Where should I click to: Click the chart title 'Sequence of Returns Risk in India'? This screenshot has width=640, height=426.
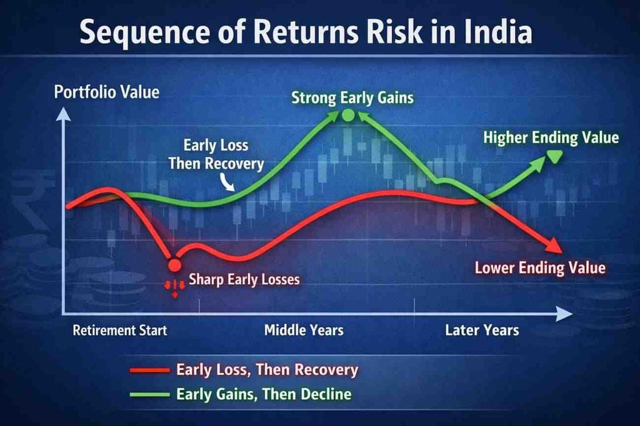[x=306, y=32]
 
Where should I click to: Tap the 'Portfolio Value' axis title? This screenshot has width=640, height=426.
[x=106, y=93]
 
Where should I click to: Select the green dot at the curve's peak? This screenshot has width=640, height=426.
[x=347, y=115]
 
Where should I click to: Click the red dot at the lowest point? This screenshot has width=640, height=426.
[x=174, y=264]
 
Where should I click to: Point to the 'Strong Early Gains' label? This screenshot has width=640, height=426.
[x=352, y=98]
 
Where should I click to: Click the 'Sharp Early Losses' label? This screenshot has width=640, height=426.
[x=244, y=279]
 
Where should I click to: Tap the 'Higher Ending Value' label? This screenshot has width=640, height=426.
[x=551, y=138]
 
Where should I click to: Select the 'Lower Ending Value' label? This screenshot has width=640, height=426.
[x=540, y=268]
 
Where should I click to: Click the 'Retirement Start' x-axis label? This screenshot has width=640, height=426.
[x=120, y=330]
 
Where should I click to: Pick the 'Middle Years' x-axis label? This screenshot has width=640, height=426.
[x=304, y=330]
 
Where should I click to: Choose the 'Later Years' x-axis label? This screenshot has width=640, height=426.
[x=482, y=330]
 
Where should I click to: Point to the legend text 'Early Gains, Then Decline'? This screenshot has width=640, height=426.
[x=264, y=395]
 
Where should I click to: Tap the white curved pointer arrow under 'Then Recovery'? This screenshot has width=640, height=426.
[x=227, y=183]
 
